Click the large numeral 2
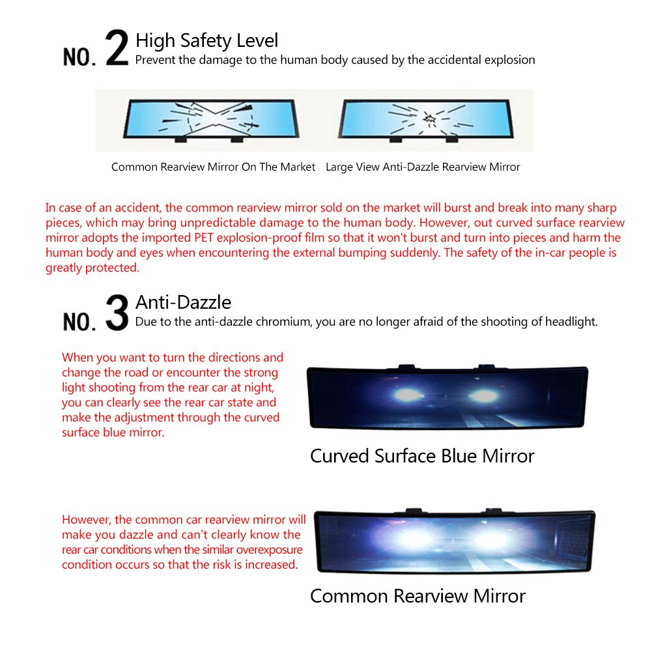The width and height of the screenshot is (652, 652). click(x=117, y=48)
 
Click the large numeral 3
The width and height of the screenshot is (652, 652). click(x=117, y=312)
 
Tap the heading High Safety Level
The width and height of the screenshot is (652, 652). click(x=206, y=41)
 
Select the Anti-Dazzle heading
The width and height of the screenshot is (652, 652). click(x=183, y=302)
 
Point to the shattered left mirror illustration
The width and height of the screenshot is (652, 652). click(x=211, y=120)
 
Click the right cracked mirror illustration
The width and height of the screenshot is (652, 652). click(x=426, y=120)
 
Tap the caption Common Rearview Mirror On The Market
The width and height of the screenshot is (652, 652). click(x=213, y=167)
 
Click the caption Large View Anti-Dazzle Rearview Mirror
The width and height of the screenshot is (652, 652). click(x=423, y=167)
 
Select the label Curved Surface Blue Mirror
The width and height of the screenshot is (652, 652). click(x=422, y=456)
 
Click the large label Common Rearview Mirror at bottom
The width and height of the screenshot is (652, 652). click(x=418, y=596)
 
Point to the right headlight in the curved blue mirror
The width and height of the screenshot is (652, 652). click(x=484, y=395)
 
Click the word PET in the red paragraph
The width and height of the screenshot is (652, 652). click(x=204, y=238)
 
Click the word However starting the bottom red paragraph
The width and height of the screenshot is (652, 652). click(x=86, y=520)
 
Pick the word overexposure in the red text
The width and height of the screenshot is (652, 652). click(x=270, y=550)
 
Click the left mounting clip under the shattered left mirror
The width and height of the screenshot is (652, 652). click(x=180, y=139)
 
